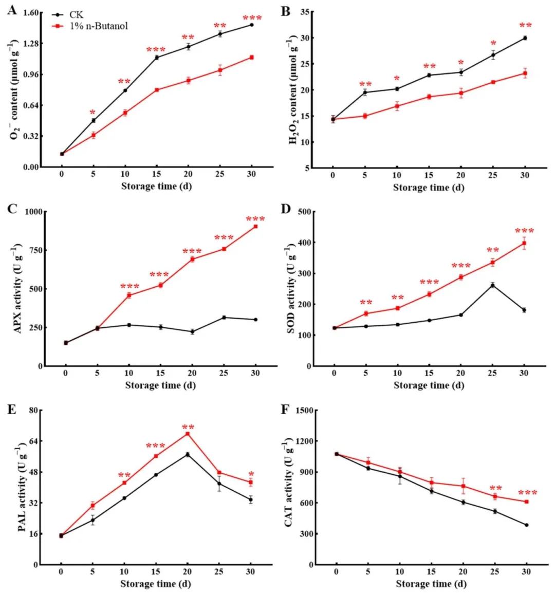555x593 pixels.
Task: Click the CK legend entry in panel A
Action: (x=76, y=15)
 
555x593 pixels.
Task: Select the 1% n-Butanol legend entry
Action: (x=98, y=26)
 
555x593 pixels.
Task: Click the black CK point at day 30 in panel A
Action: (x=252, y=25)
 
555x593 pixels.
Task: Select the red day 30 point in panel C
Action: (x=255, y=226)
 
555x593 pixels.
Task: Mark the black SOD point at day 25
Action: (x=492, y=285)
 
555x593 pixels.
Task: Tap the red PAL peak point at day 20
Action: (x=188, y=434)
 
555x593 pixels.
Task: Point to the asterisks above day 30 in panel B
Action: (x=525, y=26)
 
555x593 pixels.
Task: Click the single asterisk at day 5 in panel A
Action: (x=92, y=113)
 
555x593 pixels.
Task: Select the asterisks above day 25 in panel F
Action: (x=495, y=488)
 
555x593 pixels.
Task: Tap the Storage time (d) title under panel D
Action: (x=429, y=385)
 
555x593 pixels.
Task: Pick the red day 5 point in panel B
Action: (x=365, y=116)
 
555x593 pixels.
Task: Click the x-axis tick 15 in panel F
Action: (x=431, y=571)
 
